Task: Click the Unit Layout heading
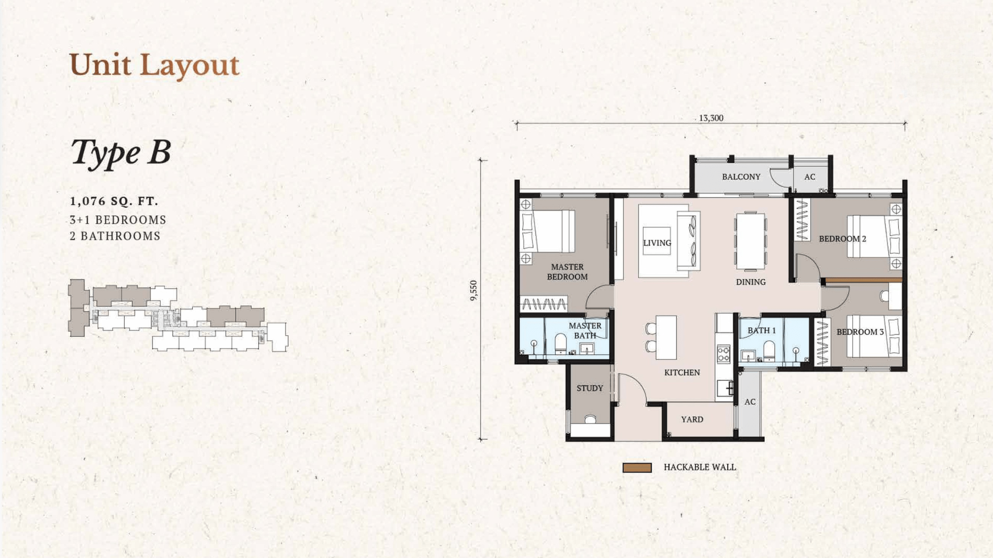pos(154,65)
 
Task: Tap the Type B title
pos(121,152)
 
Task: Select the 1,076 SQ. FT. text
pos(114,201)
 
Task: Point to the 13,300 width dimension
pos(711,118)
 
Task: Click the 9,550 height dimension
pos(474,290)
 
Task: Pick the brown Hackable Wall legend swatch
pos(637,468)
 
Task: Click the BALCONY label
pos(741,177)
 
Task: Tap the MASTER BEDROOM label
pos(567,272)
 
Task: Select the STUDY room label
pos(589,389)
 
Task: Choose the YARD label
pos(692,420)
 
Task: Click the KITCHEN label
pos(682,373)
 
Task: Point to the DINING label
pos(751,282)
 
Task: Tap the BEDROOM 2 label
pos(842,239)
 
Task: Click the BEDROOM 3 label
pos(860,332)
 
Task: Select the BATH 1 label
pos(761,331)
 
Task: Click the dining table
pos(751,241)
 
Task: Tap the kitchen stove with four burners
pos(723,354)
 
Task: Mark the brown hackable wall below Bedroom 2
pos(863,280)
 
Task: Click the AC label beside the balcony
pos(809,177)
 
